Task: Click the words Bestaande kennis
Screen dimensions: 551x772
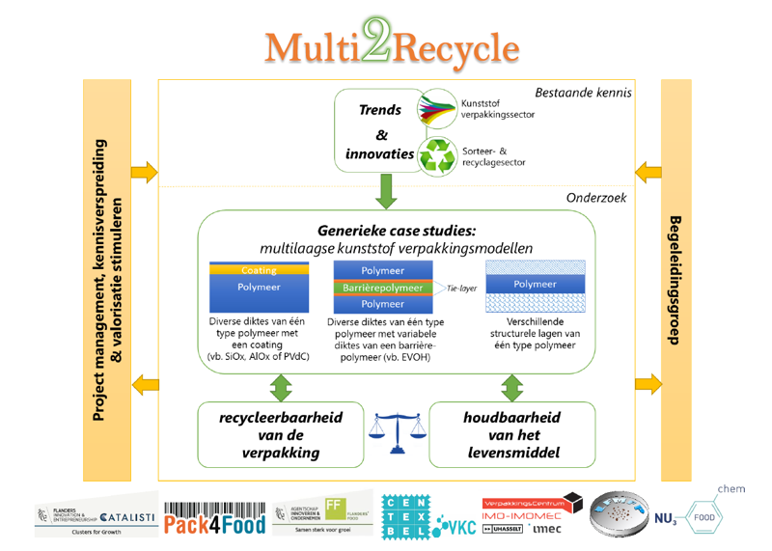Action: click(x=584, y=93)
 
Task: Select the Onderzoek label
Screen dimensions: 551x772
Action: click(x=597, y=197)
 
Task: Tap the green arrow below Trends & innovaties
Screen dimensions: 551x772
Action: click(x=387, y=192)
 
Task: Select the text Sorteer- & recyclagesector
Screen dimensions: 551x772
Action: click(x=493, y=156)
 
